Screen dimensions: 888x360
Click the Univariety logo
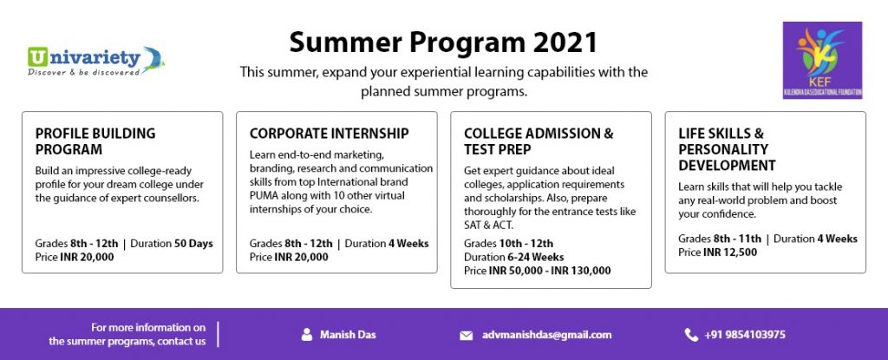tap(95, 61)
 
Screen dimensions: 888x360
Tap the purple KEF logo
tap(822, 60)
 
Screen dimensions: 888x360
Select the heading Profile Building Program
tap(95, 141)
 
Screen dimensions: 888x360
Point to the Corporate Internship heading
tap(329, 134)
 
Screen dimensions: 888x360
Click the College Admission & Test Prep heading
tap(539, 141)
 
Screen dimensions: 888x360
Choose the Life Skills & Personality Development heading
tap(728, 149)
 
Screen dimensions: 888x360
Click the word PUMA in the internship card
tap(264, 195)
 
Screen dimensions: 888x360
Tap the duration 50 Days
tap(193, 244)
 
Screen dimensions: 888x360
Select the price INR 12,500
tap(730, 252)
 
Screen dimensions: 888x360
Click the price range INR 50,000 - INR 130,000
tap(550, 271)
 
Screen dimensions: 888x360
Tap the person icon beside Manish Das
tap(307, 335)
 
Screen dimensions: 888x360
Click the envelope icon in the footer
tap(466, 336)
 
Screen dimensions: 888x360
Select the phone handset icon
tap(691, 335)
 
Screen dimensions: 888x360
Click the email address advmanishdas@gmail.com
tap(547, 335)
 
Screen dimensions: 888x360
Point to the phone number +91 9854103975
tap(745, 335)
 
